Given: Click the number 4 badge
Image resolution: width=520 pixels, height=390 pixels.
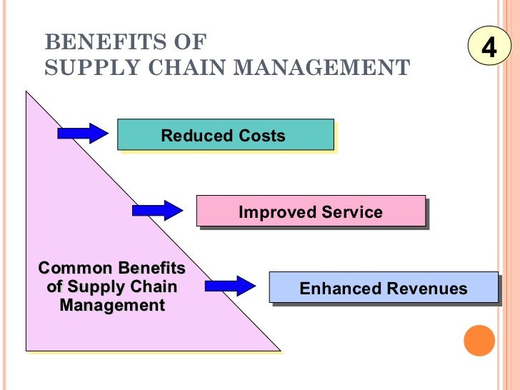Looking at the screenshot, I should click(x=489, y=48).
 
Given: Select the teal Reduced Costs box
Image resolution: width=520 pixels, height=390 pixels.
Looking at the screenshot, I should click(x=226, y=136).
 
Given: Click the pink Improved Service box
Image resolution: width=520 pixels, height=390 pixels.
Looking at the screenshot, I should click(x=311, y=212).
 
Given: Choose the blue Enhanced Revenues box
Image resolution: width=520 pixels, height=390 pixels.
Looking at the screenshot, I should click(x=384, y=289).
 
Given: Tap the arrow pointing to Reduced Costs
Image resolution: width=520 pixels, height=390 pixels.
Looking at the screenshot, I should click(x=82, y=133).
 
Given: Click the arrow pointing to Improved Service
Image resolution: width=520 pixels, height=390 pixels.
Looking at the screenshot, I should click(x=158, y=210).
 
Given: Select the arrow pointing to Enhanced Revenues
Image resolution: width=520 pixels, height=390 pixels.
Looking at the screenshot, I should click(x=230, y=286).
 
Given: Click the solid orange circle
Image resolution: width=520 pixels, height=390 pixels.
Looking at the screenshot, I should click(x=479, y=340).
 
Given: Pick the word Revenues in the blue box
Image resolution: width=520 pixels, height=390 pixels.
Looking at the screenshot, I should click(x=429, y=289).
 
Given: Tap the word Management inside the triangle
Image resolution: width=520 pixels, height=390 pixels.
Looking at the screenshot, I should click(x=112, y=306).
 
